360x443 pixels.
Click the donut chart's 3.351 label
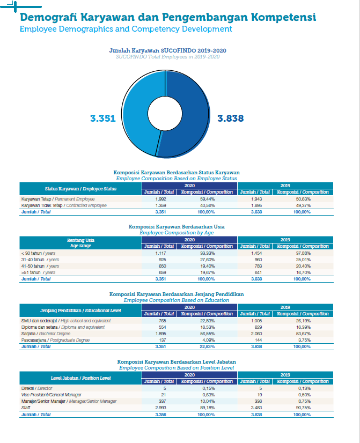[103, 118]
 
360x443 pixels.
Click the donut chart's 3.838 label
[231, 118]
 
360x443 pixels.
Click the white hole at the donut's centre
[165, 114]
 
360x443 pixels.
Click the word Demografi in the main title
[48, 18]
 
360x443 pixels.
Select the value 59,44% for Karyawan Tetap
[208, 199]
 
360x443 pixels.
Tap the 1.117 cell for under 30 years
[160, 254]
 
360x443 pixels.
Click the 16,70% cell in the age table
[303, 272]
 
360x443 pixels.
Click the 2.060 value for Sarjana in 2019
[256, 334]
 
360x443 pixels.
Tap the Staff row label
[26, 408]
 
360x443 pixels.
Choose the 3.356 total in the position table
[160, 415]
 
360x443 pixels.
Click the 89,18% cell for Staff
[208, 408]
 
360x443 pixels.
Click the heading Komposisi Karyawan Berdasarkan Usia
[177, 226]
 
